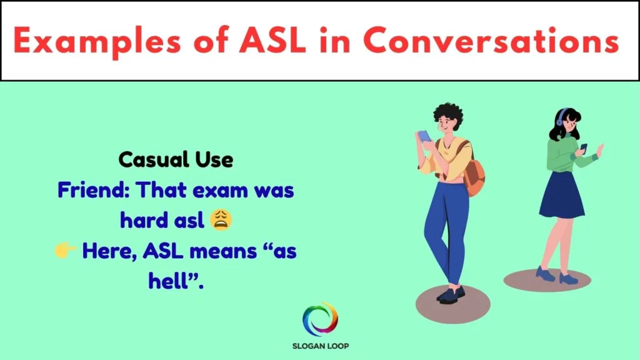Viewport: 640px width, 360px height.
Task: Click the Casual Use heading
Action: click(x=176, y=160)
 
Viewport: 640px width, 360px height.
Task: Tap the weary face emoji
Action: click(x=222, y=219)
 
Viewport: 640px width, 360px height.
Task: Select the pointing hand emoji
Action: click(x=65, y=250)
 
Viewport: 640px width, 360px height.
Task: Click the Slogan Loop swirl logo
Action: click(x=320, y=319)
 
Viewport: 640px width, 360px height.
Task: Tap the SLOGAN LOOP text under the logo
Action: click(x=320, y=346)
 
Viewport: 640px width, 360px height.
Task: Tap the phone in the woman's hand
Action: click(x=584, y=147)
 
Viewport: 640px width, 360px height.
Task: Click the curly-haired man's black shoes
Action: click(x=451, y=294)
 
